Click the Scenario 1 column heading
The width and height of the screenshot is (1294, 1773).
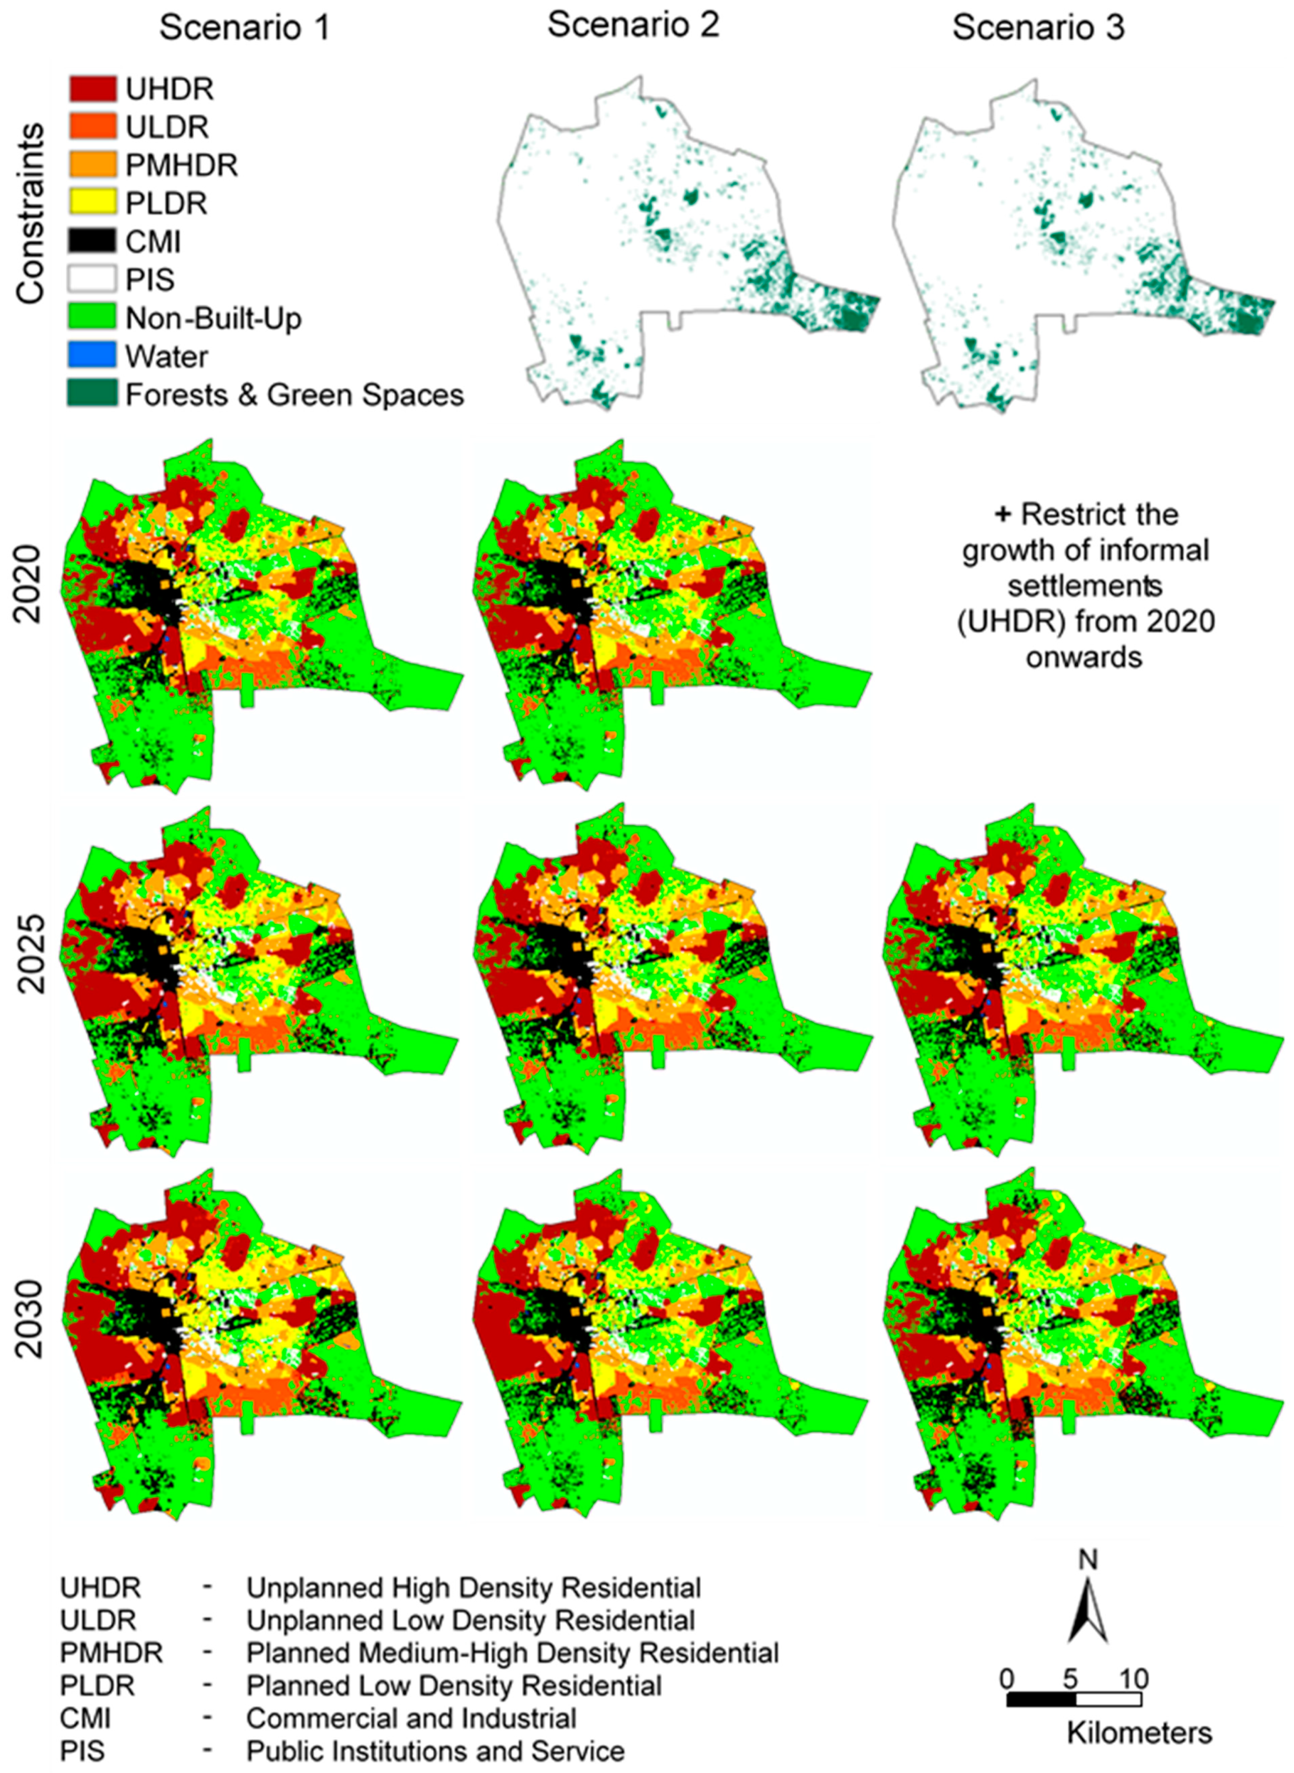pos(245,28)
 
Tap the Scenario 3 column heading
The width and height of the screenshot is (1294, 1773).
pos(1038,28)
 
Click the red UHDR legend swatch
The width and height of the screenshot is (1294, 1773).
pos(92,89)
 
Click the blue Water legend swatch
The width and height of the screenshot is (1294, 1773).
pos(92,356)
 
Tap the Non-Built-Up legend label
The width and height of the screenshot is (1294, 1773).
pos(213,319)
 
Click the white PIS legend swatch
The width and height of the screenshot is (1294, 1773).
pos(92,280)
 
